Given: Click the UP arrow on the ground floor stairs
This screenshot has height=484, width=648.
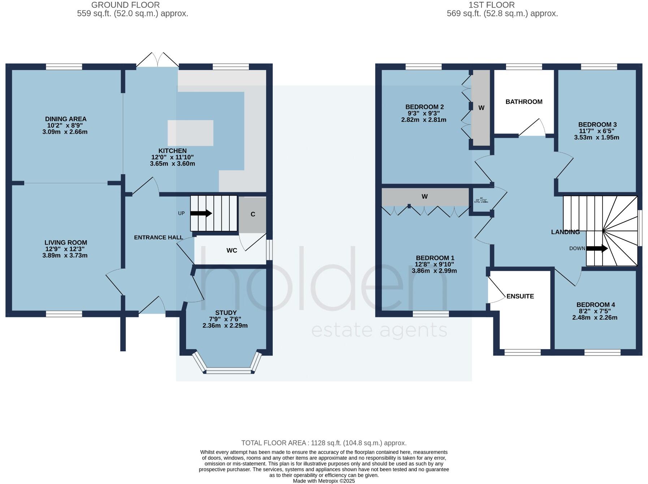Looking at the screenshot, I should click(x=201, y=213).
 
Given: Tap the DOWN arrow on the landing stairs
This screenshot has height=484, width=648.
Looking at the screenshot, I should click(x=596, y=248).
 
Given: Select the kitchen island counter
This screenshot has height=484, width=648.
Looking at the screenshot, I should click(x=190, y=133).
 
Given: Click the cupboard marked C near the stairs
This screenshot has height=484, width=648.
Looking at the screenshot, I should click(x=253, y=214).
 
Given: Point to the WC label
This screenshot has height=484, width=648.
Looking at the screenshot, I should click(x=232, y=250).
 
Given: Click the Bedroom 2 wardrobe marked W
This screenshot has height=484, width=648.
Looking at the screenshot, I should click(x=481, y=108).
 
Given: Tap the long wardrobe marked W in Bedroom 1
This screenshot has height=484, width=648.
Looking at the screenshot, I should click(x=425, y=197).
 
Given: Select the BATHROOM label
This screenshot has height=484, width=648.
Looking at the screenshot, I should click(x=524, y=102).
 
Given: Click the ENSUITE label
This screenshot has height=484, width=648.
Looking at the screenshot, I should click(x=520, y=296).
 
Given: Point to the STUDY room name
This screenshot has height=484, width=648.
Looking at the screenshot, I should click(x=226, y=313).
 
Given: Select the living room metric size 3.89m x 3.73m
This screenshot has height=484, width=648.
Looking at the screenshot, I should click(x=65, y=255).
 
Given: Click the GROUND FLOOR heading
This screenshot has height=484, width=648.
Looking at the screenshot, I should click(x=125, y=5).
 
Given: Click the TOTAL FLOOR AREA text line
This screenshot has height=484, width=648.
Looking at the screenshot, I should click(x=324, y=443).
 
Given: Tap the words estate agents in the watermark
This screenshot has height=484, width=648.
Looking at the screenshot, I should click(x=379, y=330).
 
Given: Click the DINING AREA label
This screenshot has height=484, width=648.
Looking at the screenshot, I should click(x=66, y=119).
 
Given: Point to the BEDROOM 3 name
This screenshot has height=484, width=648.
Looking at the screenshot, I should click(x=597, y=125).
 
